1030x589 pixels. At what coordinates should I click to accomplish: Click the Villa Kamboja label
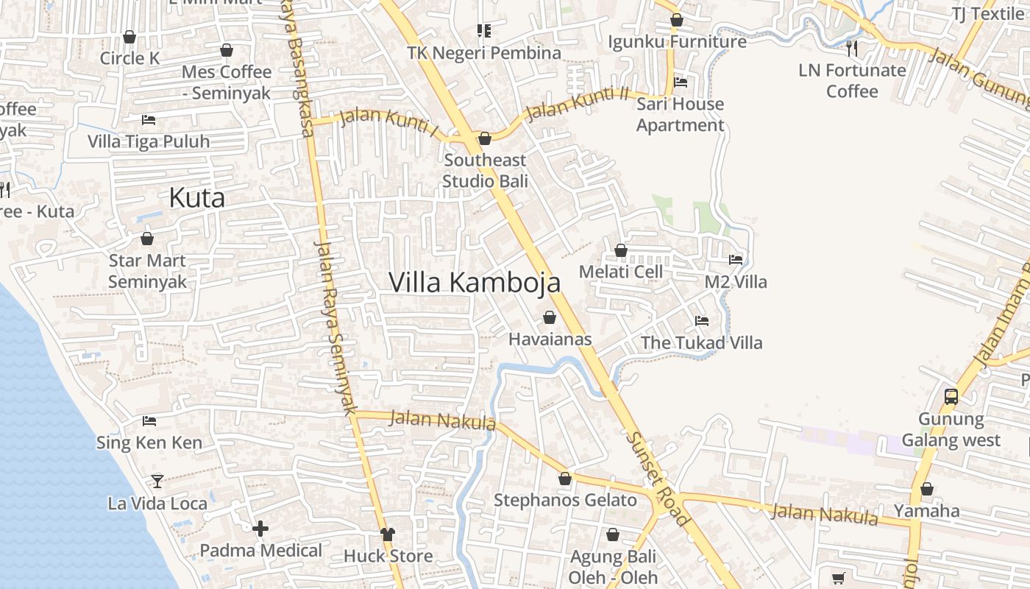point(475,283)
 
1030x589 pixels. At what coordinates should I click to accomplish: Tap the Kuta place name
point(196,198)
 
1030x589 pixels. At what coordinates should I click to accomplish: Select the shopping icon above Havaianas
point(549,318)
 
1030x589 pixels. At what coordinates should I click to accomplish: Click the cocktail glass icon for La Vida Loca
point(157,482)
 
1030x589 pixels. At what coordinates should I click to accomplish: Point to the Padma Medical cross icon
point(260,529)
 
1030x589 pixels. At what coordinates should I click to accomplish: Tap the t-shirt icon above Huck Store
point(388,534)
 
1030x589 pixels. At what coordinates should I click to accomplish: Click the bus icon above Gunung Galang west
point(951,397)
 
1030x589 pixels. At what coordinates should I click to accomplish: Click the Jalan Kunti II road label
point(578,104)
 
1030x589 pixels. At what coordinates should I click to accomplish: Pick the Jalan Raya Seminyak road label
point(335,328)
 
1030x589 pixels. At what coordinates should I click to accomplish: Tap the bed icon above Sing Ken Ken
point(149,421)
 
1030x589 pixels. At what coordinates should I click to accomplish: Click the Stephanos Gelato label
point(565,501)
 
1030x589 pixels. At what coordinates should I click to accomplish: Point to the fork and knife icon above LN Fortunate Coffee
point(852,49)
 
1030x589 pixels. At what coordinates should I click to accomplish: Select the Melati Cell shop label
point(621,272)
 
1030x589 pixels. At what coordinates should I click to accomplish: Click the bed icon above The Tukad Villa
point(702,321)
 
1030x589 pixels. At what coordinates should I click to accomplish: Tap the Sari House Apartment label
point(680,115)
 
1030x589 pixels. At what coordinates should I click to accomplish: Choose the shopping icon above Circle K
point(129,37)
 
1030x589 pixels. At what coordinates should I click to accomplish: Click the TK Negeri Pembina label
point(484,53)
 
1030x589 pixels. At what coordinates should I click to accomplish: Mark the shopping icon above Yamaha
point(927,489)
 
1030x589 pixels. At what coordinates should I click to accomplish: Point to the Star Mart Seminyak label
point(147,271)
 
